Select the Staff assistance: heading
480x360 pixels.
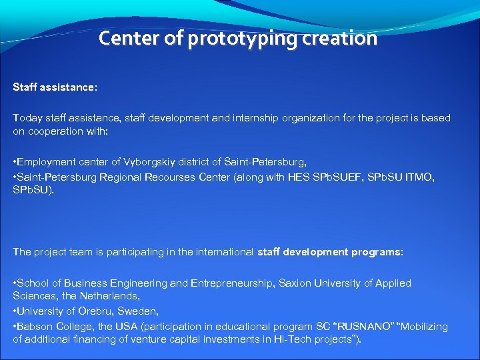(55, 87)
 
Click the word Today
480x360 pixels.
(26, 118)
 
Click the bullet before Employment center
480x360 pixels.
(15, 162)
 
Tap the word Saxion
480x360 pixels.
(297, 283)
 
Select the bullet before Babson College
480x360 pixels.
(15, 327)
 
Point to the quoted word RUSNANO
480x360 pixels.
(357, 327)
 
